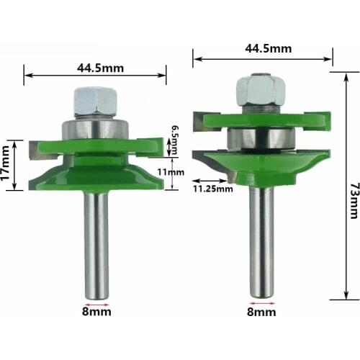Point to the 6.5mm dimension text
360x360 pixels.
pos(174,137)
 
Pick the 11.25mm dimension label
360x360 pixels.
pos(212,189)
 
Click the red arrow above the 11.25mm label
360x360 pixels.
pos(212,181)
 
